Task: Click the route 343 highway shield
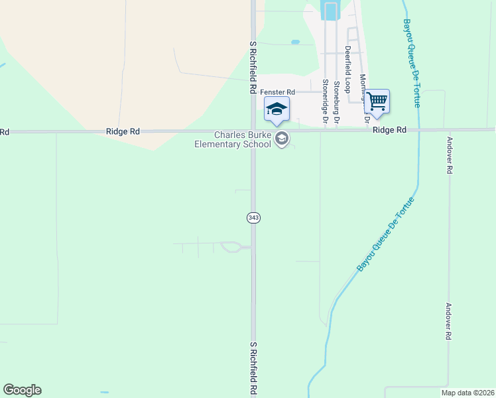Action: click(x=253, y=218)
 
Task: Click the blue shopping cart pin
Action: click(x=377, y=101)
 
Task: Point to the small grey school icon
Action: click(x=283, y=139)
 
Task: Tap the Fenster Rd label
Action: click(x=276, y=92)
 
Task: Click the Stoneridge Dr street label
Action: click(x=325, y=101)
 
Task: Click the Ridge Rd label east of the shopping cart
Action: click(x=389, y=130)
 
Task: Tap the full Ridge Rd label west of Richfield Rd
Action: click(x=122, y=132)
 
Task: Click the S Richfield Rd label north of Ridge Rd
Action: click(x=253, y=66)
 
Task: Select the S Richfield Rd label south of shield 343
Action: click(x=253, y=369)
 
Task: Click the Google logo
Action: click(x=22, y=390)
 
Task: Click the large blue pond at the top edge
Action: click(x=330, y=10)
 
